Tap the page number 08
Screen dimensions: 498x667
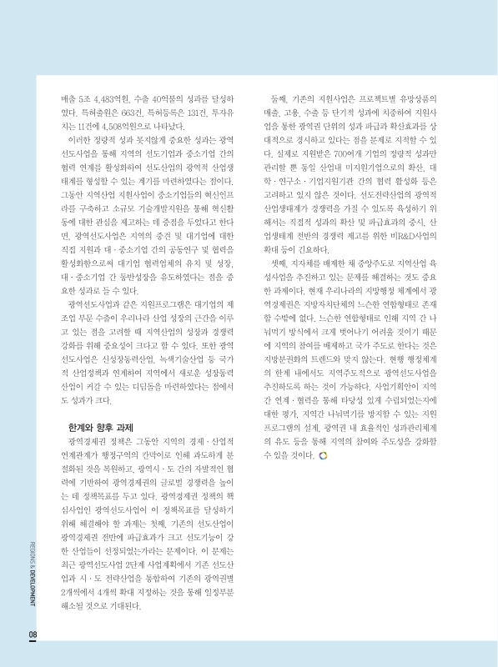32,635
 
